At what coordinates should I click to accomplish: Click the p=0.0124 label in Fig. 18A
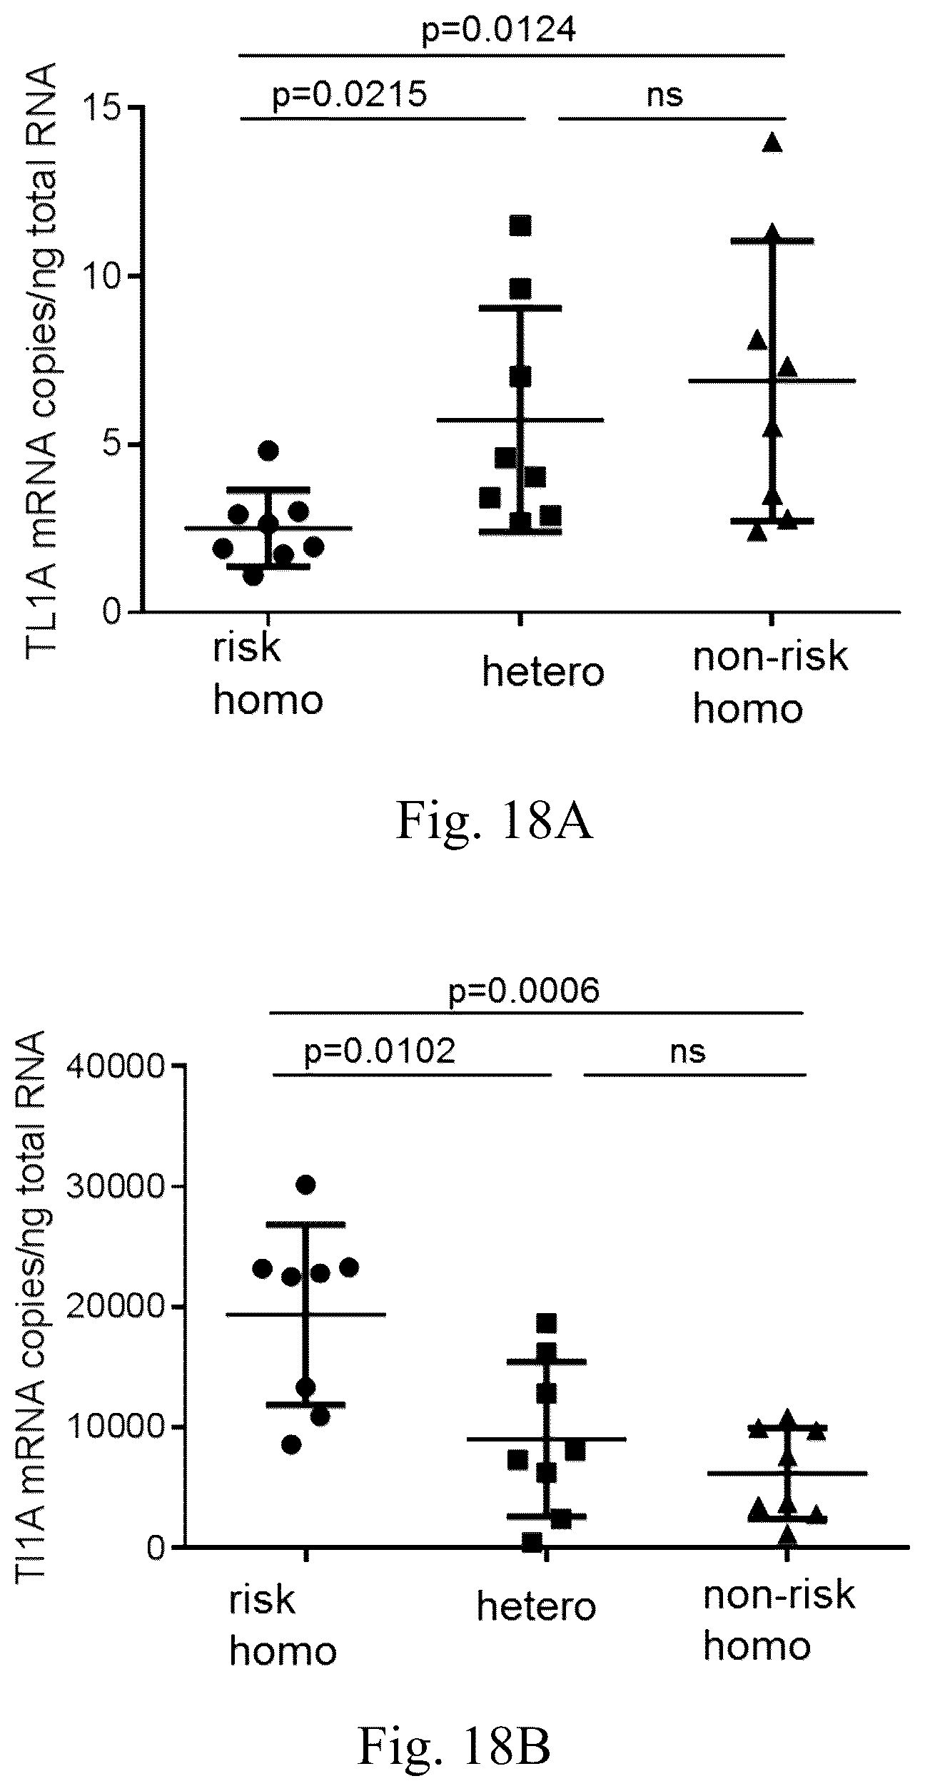499,31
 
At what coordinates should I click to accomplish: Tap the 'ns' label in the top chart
664,94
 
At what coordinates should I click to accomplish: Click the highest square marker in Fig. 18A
520,225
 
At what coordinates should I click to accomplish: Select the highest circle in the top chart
268,450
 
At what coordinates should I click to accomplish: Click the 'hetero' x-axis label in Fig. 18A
543,672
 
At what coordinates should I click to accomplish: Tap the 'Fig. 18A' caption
494,821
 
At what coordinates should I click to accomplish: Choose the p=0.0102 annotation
380,1051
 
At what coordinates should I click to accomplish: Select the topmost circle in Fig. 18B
305,1185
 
